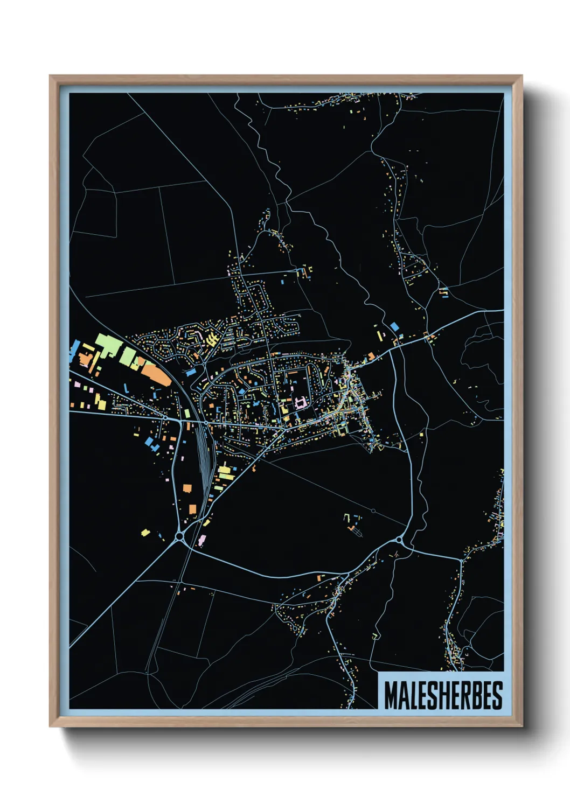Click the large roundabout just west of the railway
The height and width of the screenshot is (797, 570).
click(x=179, y=536)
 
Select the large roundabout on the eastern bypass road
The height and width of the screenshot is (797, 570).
click(x=399, y=539)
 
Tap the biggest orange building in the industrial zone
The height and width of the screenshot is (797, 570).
click(x=157, y=374)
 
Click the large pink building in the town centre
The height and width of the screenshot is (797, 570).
click(x=300, y=402)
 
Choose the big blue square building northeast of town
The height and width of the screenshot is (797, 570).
click(x=394, y=326)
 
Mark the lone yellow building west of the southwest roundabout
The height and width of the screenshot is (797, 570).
click(x=144, y=532)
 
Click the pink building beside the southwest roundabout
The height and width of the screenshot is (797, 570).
click(x=202, y=539)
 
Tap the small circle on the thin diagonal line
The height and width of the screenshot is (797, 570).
click(x=373, y=511)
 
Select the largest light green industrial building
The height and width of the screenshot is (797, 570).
click(x=107, y=345)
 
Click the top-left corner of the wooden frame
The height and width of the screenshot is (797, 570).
click(x=51, y=76)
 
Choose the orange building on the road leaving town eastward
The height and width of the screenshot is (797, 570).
click(x=371, y=356)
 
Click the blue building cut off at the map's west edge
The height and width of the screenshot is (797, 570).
click(x=74, y=350)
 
